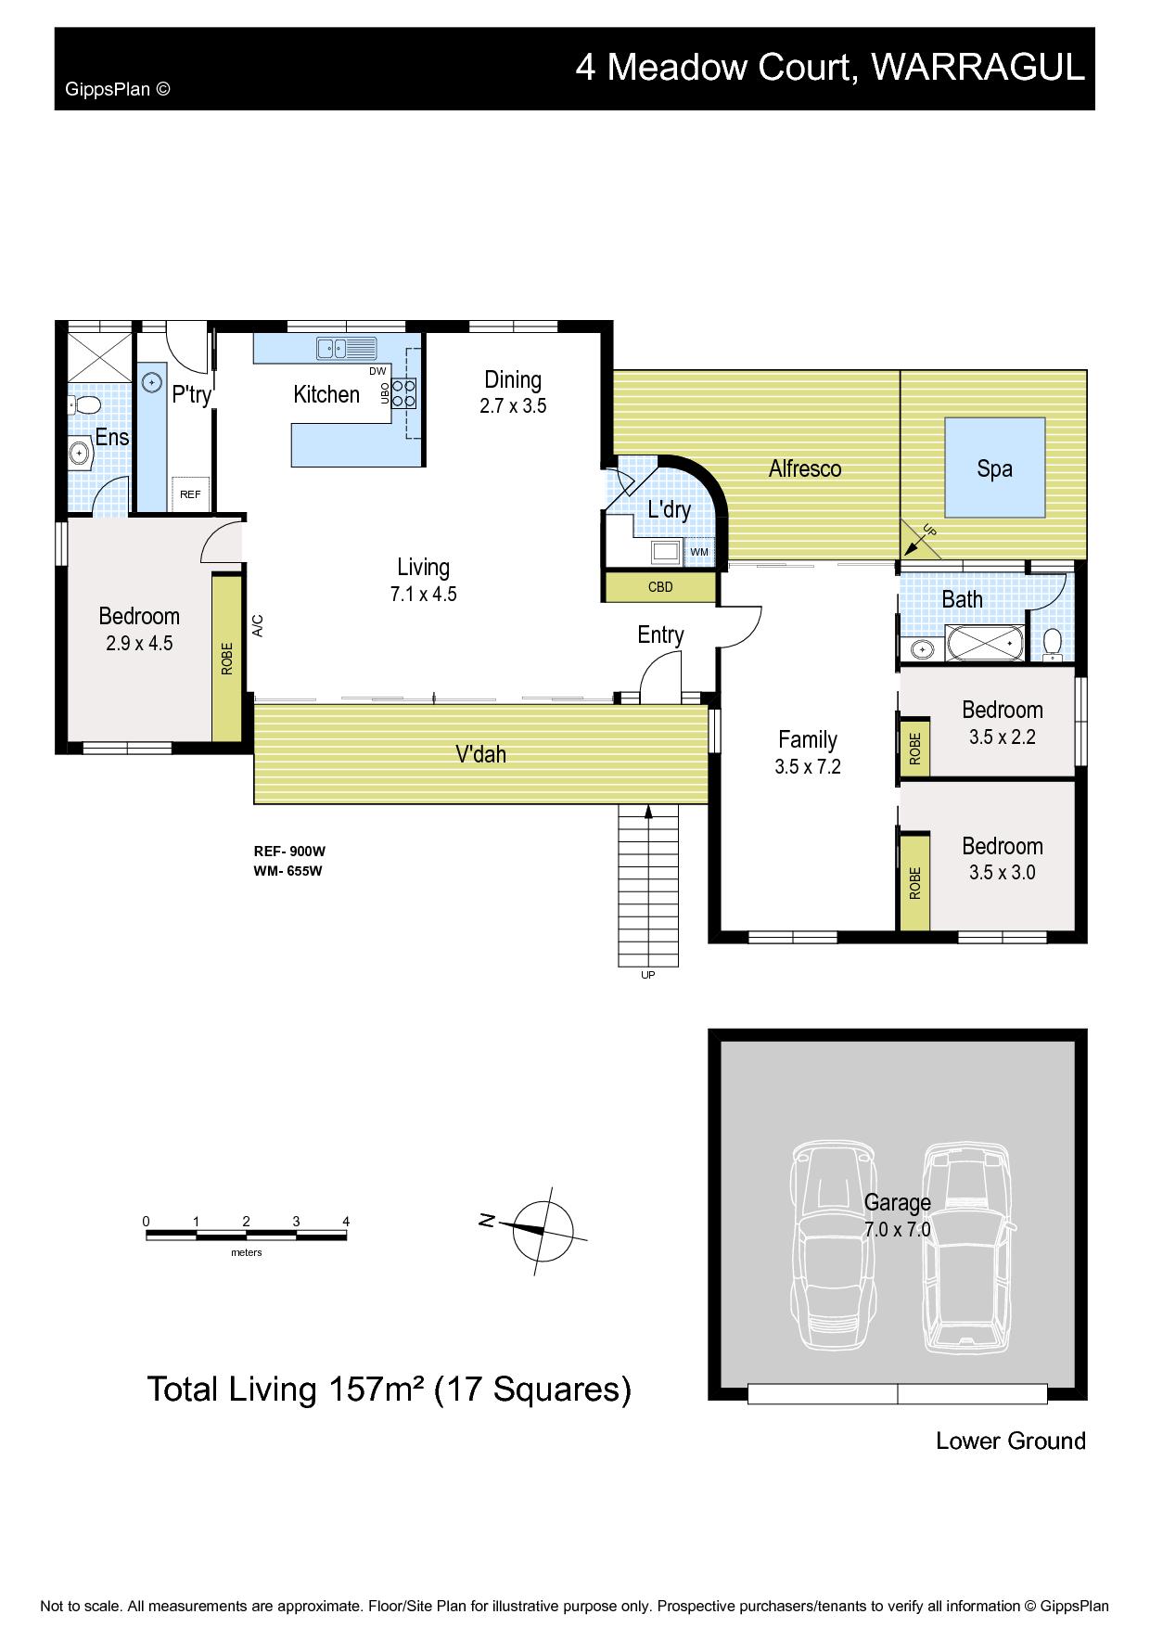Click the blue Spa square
click(995, 468)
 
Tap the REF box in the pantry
click(191, 493)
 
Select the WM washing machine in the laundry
click(699, 552)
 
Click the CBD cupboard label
click(660, 587)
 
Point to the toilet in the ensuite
click(86, 405)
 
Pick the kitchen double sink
click(346, 349)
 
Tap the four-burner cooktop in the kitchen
click(404, 392)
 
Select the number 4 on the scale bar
click(346, 1221)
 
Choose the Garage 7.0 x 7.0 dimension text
click(897, 1230)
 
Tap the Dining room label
click(513, 379)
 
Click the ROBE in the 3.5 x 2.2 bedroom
click(914, 747)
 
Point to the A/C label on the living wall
click(258, 625)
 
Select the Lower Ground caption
click(1011, 1441)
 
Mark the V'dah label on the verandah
click(480, 754)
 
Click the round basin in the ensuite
click(81, 455)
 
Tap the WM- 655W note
click(287, 871)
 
